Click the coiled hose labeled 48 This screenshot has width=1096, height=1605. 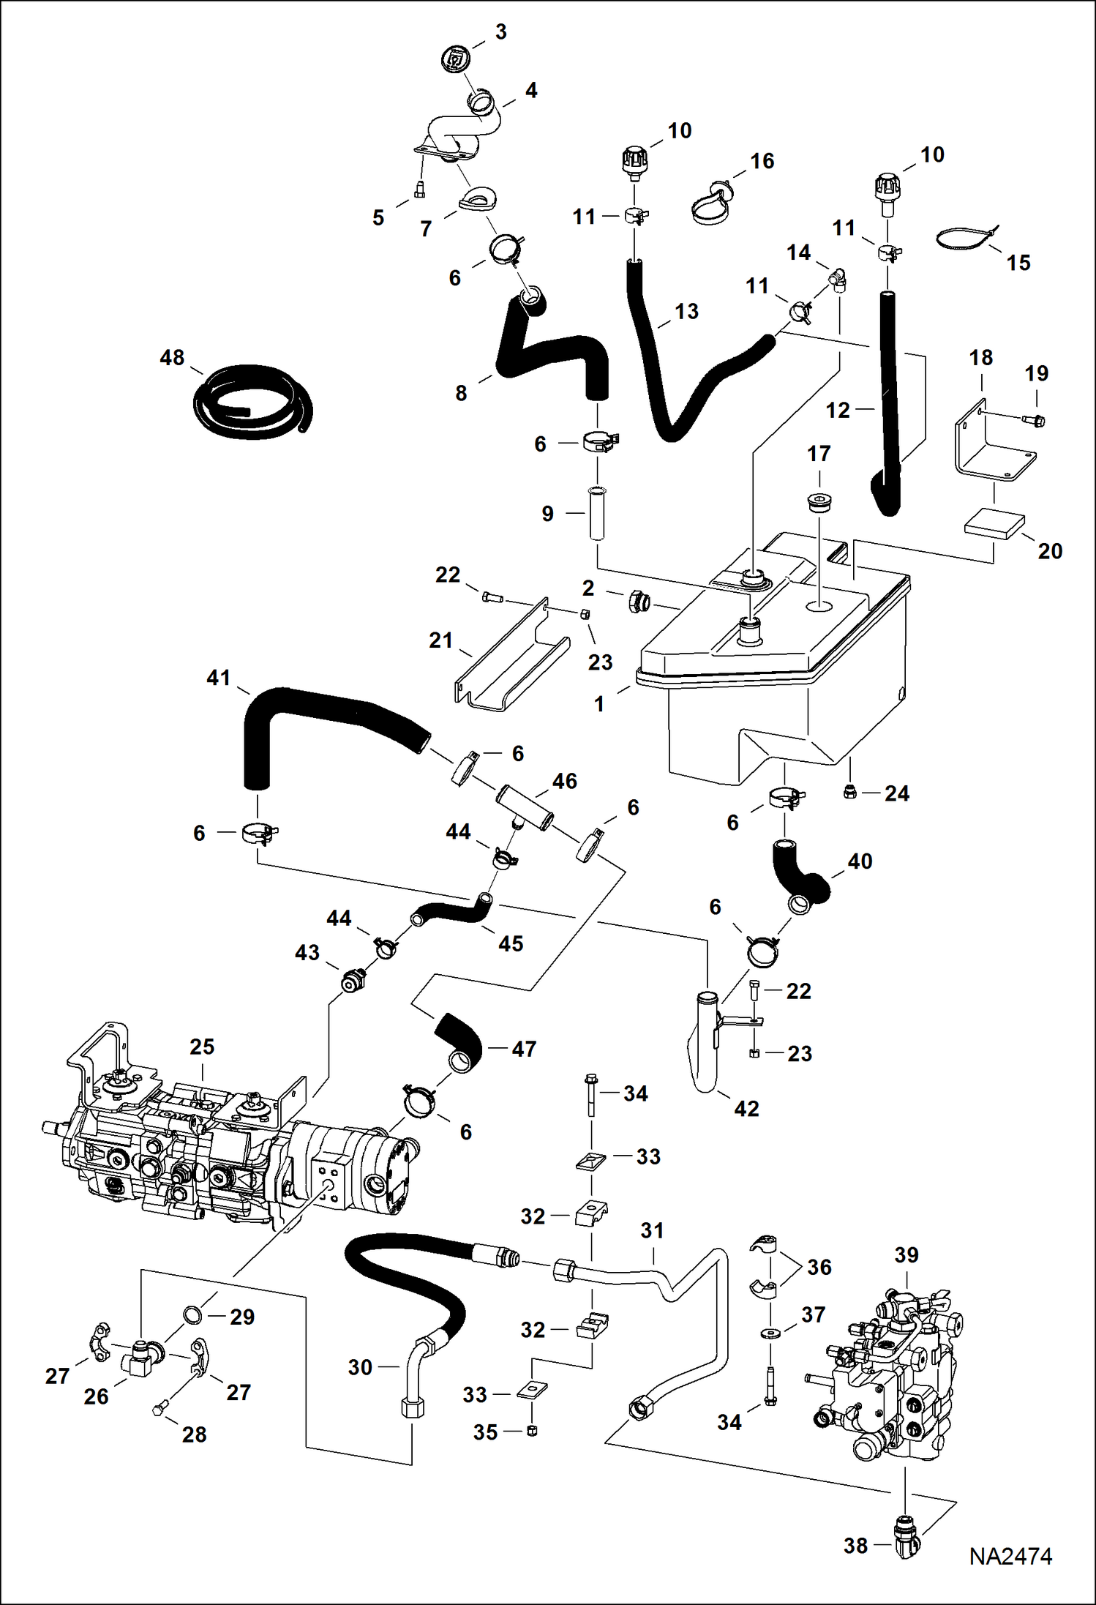pos(252,403)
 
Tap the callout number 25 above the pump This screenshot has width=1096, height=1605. pos(202,1047)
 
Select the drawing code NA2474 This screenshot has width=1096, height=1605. pos(1010,1556)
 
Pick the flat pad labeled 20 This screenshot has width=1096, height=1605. pos(994,523)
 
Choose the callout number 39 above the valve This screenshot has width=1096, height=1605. pos(906,1254)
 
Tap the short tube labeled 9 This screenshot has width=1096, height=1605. pos(597,514)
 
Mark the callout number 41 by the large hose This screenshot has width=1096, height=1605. pos(219,678)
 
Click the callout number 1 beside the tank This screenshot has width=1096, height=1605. pos(599,704)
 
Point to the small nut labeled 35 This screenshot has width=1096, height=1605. pos(532,1431)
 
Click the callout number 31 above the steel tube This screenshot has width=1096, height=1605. pos(652,1230)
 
